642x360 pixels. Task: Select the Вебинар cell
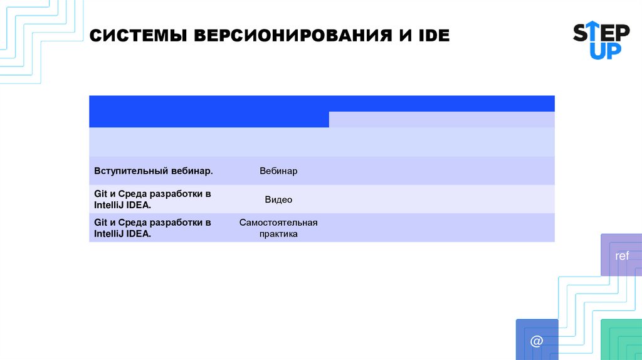coord(278,171)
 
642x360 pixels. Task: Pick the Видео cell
coord(278,199)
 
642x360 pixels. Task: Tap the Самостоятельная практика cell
coord(278,228)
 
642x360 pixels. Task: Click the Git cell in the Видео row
coord(152,199)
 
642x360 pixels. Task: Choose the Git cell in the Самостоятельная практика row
coord(152,228)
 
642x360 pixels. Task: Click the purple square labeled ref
coord(621,255)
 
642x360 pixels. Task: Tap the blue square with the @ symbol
coord(537,340)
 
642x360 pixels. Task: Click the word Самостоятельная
coord(278,223)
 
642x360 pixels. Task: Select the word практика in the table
coord(278,234)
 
